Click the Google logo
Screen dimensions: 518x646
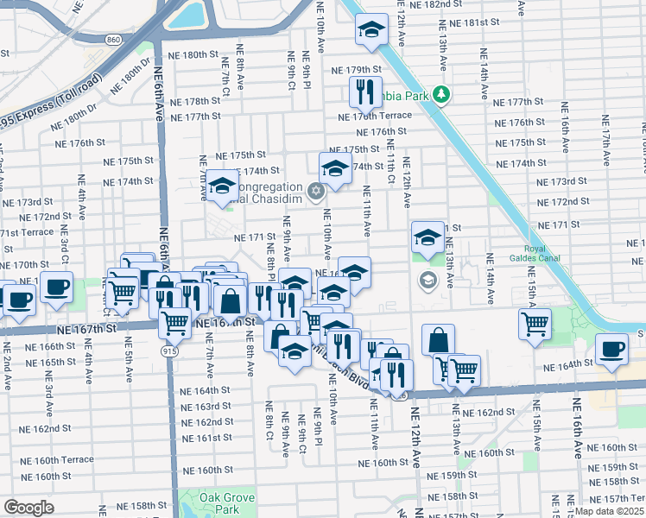click(28, 508)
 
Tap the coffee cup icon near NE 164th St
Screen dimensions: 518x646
click(612, 349)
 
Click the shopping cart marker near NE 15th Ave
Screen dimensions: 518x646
click(535, 324)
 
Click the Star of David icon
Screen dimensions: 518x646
click(316, 189)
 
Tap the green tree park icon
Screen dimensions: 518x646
click(441, 92)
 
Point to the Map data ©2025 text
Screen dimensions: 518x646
click(609, 510)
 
